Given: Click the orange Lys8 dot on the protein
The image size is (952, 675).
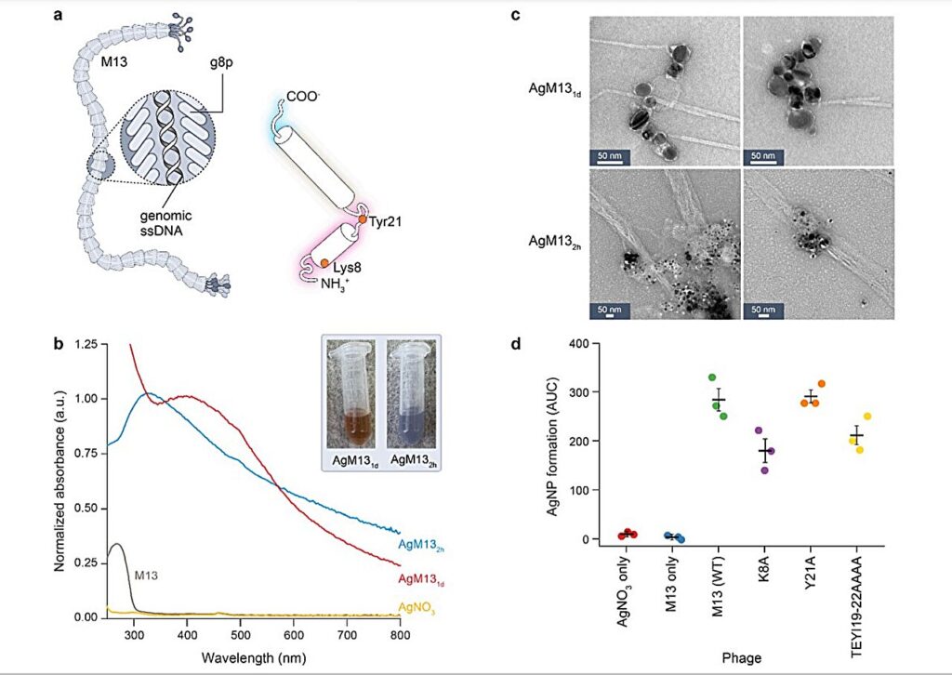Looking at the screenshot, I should [x=324, y=264].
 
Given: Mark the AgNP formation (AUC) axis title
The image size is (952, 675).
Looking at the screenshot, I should [x=550, y=440].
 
